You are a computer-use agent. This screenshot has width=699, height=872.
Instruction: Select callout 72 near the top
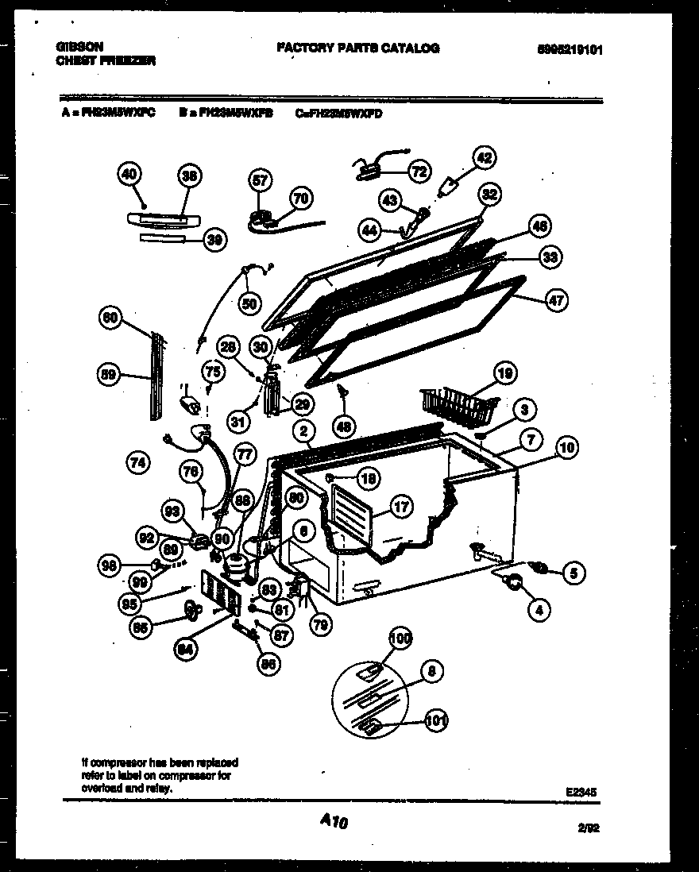(x=419, y=170)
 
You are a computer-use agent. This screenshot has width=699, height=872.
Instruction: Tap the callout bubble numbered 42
(x=485, y=156)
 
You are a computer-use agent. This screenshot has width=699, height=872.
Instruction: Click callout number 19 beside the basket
(x=504, y=372)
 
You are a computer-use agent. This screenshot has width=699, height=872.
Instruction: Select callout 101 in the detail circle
(x=435, y=721)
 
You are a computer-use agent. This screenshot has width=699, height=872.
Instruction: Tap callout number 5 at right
(x=572, y=570)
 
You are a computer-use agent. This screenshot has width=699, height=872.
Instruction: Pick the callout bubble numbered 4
(x=539, y=610)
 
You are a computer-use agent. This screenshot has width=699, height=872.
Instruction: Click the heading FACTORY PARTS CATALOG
(x=357, y=48)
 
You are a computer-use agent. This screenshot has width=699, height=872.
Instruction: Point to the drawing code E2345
(x=581, y=791)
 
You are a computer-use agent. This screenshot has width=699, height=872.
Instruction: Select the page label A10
(x=334, y=824)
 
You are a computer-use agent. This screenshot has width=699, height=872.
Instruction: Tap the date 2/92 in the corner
(x=588, y=828)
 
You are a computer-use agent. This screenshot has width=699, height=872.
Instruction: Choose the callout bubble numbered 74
(x=138, y=463)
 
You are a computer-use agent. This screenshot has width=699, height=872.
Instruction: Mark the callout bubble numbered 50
(x=250, y=302)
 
